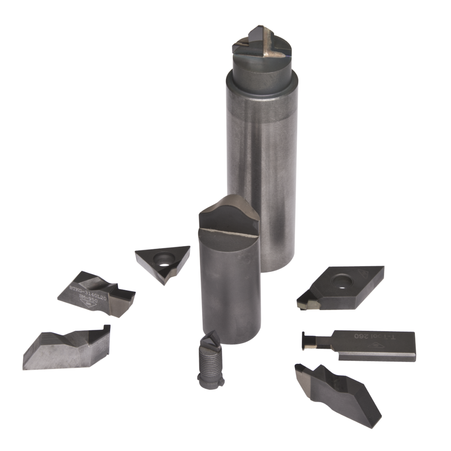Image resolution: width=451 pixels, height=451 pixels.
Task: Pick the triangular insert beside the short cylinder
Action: click(163, 262)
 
